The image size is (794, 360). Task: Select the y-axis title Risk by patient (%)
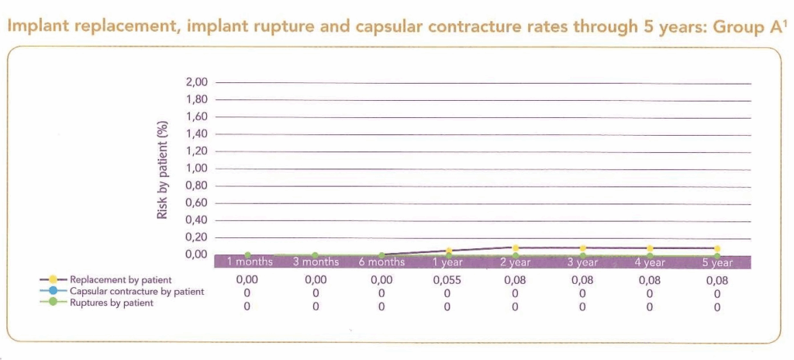[x=162, y=169]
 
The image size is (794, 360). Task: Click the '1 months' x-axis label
[x=249, y=262]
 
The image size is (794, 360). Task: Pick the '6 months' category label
[x=381, y=262]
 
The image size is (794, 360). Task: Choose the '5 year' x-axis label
[x=716, y=262]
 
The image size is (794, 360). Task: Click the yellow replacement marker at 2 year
[x=515, y=248]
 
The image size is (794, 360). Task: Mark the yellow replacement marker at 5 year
[x=717, y=248]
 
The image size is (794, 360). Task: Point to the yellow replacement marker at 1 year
[x=448, y=251]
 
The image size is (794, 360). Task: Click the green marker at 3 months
[x=315, y=254]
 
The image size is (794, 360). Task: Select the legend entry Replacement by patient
[x=119, y=279]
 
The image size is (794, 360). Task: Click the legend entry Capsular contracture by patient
[x=136, y=291]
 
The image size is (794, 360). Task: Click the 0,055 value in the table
[x=447, y=279]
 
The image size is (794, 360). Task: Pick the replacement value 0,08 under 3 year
[x=582, y=279]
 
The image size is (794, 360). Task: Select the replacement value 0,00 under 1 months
[x=247, y=279]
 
